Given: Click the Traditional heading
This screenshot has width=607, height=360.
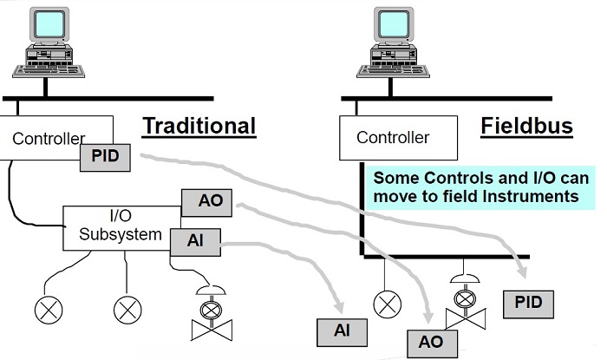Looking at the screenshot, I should [199, 126].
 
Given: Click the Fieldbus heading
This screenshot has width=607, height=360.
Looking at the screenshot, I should [526, 126].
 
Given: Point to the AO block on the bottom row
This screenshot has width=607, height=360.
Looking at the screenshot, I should [431, 342].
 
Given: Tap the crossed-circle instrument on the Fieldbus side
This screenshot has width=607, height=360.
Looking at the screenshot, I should [385, 303].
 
